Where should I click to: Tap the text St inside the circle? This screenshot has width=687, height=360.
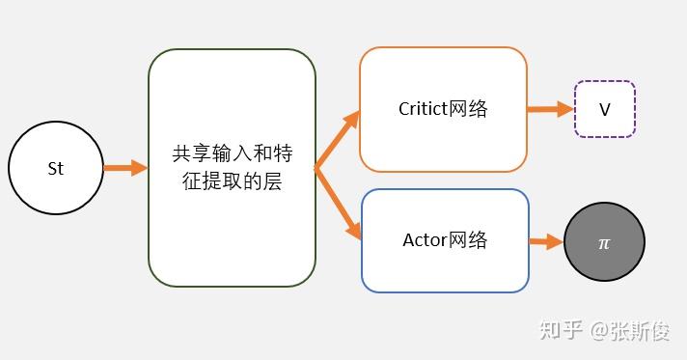[55, 168]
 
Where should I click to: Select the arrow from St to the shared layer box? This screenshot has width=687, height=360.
[124, 168]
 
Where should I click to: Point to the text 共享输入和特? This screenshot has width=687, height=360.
[232, 153]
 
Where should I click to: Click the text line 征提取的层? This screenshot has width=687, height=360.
[232, 180]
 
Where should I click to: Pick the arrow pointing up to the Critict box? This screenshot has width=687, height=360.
[337, 141]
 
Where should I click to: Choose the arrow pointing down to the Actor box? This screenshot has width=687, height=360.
[337, 204]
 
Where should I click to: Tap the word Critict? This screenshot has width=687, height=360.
[422, 108]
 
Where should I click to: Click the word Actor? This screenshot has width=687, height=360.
[425, 239]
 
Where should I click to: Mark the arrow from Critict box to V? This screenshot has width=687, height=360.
[550, 109]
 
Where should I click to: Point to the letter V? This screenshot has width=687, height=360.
[605, 109]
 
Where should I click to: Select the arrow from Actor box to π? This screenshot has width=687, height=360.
[546, 241]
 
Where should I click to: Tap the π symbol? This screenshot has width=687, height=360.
[604, 243]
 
